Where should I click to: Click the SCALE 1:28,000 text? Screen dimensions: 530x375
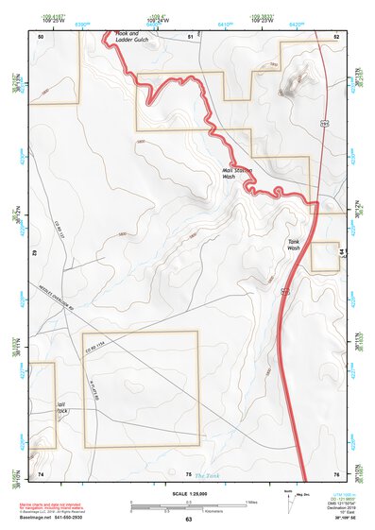188,493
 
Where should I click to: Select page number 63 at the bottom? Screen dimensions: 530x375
188,520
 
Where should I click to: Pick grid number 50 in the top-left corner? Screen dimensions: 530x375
41,36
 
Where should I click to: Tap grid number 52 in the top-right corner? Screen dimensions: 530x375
336,36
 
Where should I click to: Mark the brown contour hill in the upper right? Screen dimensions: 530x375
289,83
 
